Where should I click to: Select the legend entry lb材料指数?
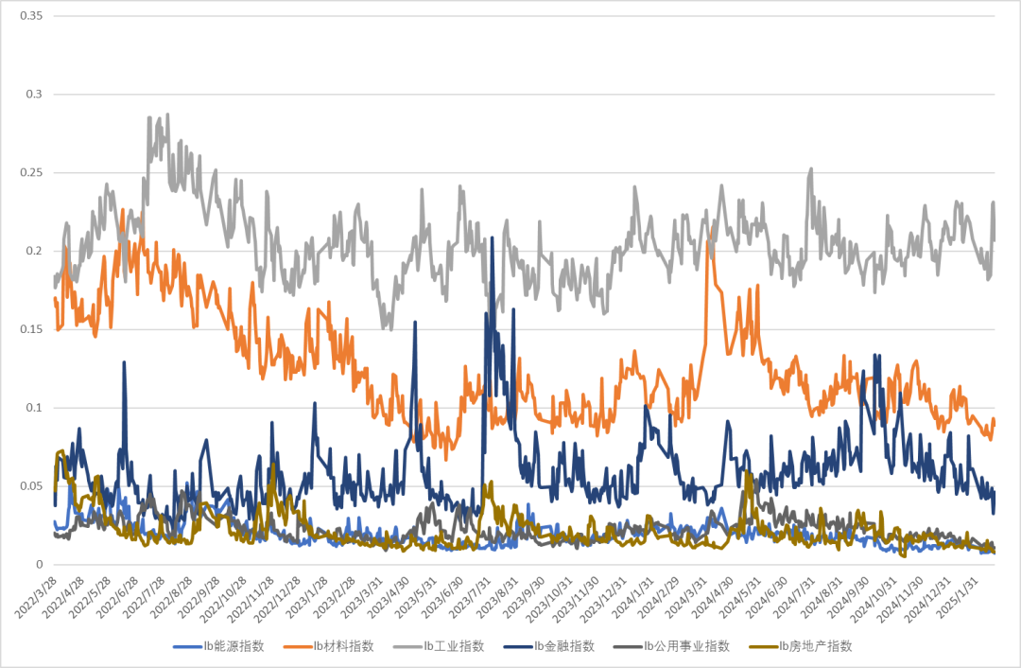coord(343,646)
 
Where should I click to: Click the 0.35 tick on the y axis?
coord(31,16)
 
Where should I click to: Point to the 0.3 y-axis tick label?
coord(35,95)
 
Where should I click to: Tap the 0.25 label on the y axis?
coord(31,173)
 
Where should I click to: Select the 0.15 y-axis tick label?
coord(31,329)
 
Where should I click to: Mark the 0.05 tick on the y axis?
coord(31,486)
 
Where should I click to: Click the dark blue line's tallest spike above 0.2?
coord(493,237)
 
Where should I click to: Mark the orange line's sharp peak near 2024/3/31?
coord(710,227)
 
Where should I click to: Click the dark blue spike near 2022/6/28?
coord(124,362)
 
